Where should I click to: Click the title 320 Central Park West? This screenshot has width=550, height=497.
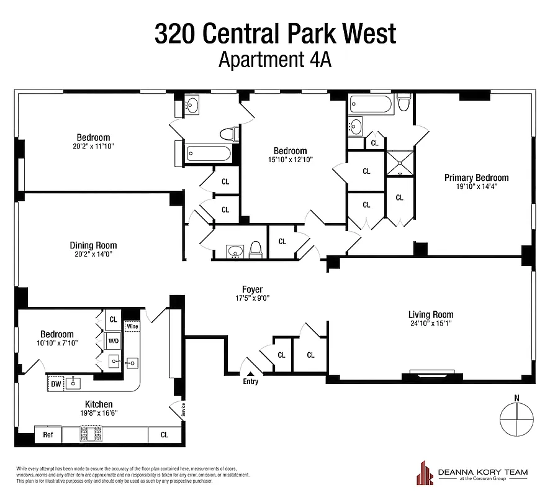275,34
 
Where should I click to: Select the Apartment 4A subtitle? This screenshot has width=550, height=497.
275,60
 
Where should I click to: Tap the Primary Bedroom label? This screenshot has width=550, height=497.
476,178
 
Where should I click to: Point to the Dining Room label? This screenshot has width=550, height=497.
93,245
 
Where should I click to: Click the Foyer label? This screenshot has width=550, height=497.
252,290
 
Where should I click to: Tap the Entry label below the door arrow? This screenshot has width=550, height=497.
250,381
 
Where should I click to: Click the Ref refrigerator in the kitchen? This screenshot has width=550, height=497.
48,435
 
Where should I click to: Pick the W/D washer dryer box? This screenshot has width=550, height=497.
113,341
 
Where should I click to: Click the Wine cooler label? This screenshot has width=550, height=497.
132,326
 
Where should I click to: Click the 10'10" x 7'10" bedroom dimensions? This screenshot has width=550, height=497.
57,344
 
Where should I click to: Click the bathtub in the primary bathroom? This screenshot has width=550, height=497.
371,104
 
